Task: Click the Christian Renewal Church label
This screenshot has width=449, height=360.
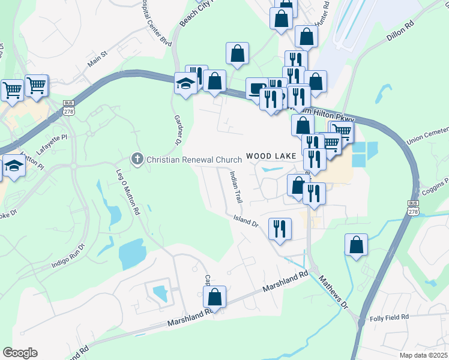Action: [x=193, y=159]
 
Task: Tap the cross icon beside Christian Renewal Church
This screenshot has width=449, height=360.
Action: [x=137, y=159]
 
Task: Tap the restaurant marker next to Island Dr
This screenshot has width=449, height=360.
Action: [x=279, y=229]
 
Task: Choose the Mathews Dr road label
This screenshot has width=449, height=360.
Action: [x=334, y=292]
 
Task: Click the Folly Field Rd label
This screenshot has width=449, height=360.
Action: [x=389, y=317]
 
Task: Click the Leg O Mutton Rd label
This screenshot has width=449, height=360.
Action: [x=127, y=191]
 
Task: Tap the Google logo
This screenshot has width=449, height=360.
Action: [x=20, y=353]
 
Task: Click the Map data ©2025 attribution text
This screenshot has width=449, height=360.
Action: [x=424, y=355]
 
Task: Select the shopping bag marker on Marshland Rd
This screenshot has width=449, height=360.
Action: [x=214, y=296]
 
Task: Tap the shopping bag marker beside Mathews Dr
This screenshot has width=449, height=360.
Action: [x=357, y=245]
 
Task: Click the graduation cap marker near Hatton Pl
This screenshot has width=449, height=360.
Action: [x=13, y=166]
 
